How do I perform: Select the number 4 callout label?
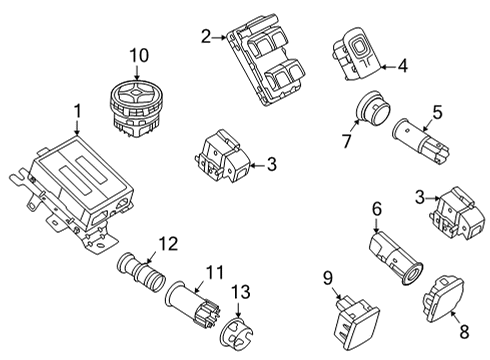[x=402, y=67]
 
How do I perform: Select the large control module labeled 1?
[x=75, y=190]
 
